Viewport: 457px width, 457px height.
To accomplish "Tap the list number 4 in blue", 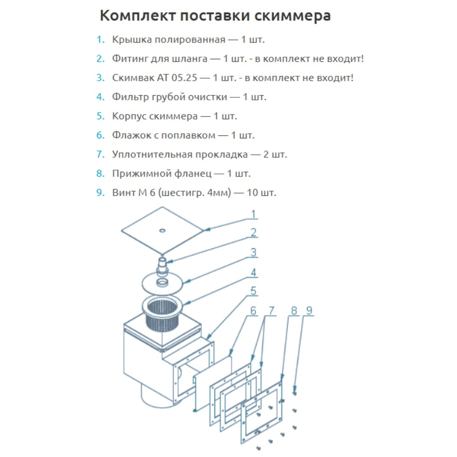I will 100,97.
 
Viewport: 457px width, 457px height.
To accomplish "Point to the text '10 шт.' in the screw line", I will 262,193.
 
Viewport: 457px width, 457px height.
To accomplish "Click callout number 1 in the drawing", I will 253,214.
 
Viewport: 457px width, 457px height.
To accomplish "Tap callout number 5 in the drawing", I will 253,291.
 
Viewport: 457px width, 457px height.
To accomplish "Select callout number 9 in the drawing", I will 309,310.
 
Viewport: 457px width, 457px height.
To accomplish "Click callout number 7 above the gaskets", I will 270,310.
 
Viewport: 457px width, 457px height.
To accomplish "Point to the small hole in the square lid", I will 162,231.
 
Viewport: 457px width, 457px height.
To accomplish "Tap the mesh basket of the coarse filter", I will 160,319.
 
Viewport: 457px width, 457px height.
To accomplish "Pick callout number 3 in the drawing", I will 253,253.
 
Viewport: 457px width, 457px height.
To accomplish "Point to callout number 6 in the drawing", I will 253,310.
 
